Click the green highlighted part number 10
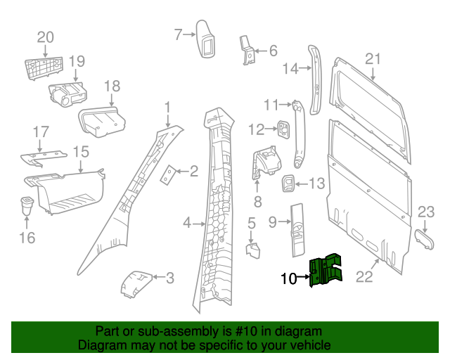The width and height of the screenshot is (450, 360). [326, 271]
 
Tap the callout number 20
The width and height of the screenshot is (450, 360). [45, 37]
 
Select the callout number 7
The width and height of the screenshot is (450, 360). [179, 33]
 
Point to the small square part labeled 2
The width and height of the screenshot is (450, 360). [169, 174]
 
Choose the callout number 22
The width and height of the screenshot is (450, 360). [364, 278]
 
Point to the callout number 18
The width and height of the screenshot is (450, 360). [112, 86]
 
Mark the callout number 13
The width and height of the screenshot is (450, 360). [317, 184]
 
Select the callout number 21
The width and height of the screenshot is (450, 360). [373, 59]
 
